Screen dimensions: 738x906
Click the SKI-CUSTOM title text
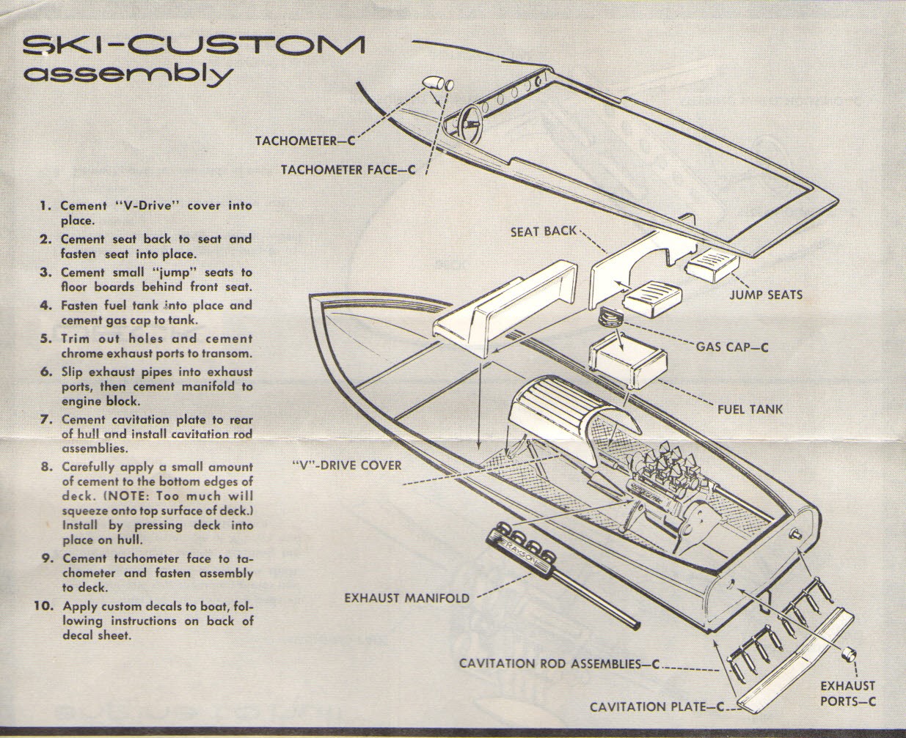point(192,46)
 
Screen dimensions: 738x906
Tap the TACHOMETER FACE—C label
point(348,170)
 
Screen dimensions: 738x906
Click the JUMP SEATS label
point(765,295)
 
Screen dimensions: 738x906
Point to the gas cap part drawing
point(609,318)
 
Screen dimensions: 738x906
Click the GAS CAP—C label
point(731,346)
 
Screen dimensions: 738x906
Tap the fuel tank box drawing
point(627,360)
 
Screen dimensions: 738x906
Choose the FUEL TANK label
point(750,408)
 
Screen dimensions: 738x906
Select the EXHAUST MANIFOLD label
point(406,598)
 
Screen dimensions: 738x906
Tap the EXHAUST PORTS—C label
point(847,693)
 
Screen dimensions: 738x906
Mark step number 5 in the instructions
point(45,339)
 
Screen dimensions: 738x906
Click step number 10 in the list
point(43,606)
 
